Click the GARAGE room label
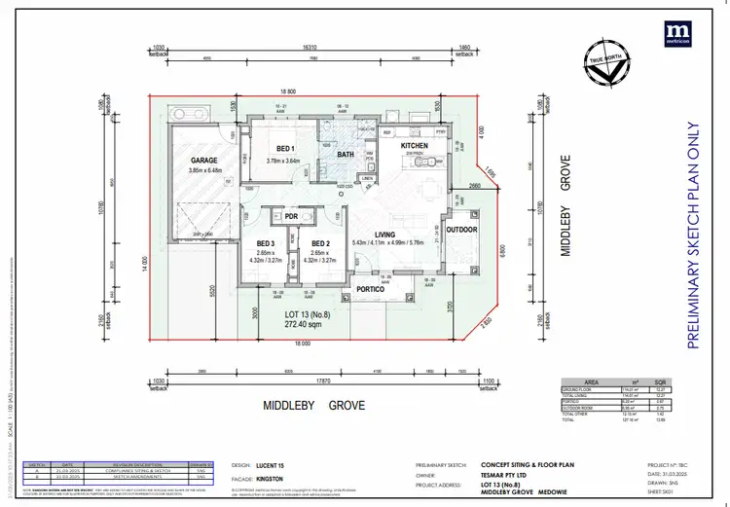tap(203, 160)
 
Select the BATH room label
tap(346, 154)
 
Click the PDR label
tap(291, 216)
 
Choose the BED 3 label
tap(267, 244)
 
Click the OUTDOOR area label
tap(461, 230)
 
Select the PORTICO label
tap(371, 289)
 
